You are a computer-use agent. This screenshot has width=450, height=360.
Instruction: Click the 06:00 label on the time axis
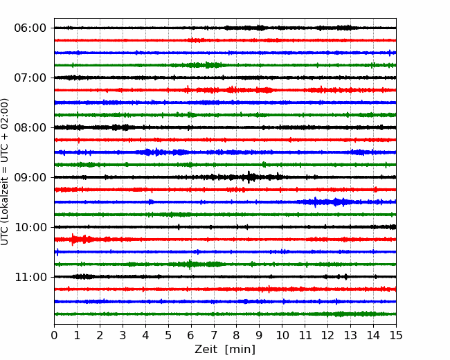coord(30,28)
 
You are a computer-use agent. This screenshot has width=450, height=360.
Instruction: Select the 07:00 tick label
coord(30,78)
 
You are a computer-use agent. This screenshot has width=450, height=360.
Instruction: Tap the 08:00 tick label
coord(30,127)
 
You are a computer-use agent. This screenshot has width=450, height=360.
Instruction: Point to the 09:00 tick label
coord(30,177)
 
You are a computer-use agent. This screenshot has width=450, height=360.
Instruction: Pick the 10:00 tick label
coord(30,227)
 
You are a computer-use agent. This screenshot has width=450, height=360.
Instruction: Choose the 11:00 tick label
coord(30,277)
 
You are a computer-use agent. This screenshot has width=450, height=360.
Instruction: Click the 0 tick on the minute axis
coord(54,335)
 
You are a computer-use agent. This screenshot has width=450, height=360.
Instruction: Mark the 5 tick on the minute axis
coord(168,335)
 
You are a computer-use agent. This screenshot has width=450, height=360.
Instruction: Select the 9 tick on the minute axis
coord(259,335)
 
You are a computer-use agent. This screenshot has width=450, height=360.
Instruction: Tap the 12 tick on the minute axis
coord(327,335)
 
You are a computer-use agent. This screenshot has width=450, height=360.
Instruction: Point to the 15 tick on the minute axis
coord(396,335)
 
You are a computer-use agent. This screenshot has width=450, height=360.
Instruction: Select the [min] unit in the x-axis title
coord(240,350)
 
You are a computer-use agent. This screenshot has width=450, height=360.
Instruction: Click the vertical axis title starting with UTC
coord(5,172)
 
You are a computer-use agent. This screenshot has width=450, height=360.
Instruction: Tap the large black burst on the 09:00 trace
coord(249,177)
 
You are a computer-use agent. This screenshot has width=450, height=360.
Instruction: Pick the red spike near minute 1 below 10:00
coord(73,239)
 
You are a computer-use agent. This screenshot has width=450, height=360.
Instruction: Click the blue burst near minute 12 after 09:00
coord(336,202)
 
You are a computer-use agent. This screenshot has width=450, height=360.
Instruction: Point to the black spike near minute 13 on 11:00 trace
coord(346,277)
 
